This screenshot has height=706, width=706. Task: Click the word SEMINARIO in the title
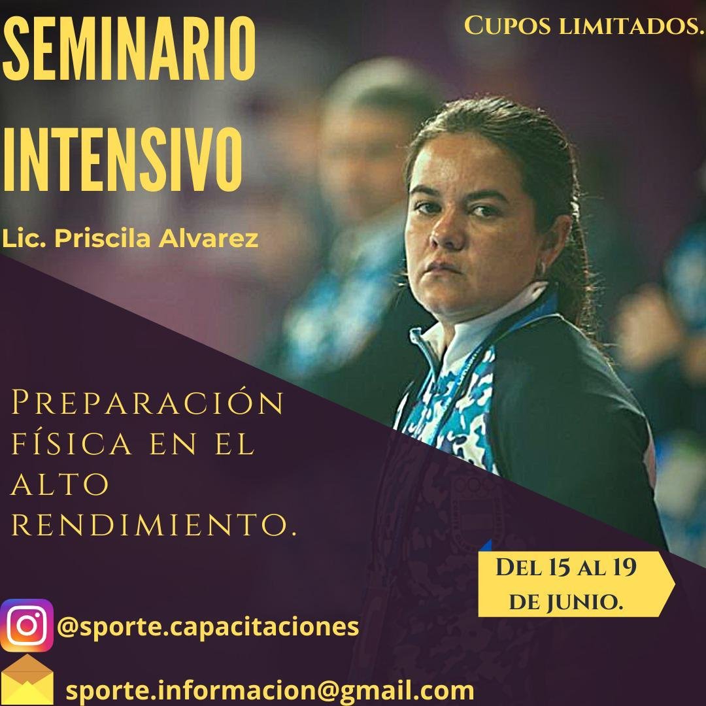(129, 48)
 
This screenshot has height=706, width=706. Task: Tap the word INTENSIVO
(122, 160)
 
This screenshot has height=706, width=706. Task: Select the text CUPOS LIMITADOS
(584, 25)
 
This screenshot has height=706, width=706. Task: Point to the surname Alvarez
(209, 239)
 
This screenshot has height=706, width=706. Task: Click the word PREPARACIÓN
(147, 402)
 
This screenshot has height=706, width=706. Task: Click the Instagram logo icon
(27, 626)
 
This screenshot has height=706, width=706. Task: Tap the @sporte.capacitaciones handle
(208, 627)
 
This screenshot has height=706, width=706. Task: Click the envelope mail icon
(27, 680)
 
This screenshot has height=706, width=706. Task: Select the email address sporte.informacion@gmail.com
(270, 690)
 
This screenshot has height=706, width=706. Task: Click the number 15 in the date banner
(558, 567)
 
